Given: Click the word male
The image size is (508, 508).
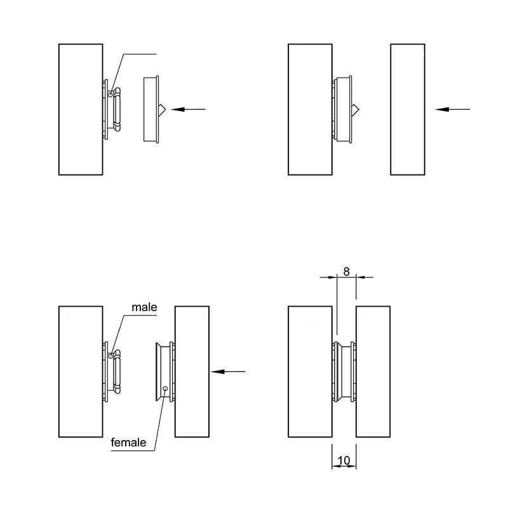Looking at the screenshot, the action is click(x=144, y=307).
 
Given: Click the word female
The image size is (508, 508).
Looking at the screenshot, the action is click(x=128, y=442).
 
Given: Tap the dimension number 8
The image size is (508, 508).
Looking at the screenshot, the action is click(x=346, y=272).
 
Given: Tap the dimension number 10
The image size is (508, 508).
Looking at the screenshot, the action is click(x=344, y=460).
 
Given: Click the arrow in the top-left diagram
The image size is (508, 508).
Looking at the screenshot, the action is click(x=188, y=109).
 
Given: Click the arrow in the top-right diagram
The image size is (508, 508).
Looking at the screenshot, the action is click(x=452, y=109).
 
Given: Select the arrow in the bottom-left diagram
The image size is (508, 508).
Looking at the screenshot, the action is click(x=228, y=371).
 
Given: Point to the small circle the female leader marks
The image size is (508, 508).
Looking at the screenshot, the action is click(x=165, y=389).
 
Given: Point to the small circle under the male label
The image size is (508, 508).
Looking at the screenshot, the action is click(x=110, y=356).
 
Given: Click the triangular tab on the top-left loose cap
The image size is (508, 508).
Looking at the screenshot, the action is click(x=162, y=109).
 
